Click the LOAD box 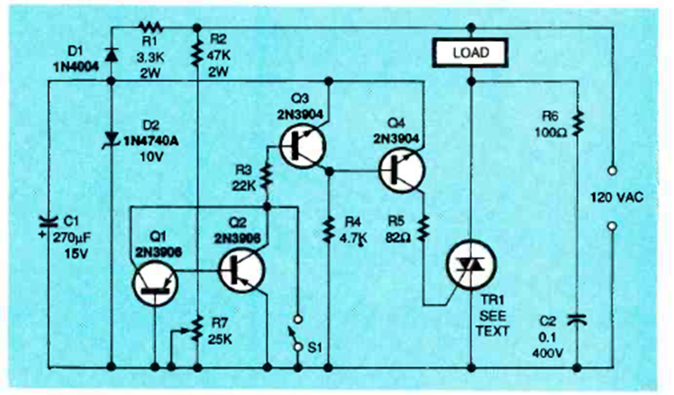[470, 54]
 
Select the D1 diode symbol [112, 54]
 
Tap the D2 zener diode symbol [112, 137]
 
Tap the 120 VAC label [617, 198]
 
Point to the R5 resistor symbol [423, 225]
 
